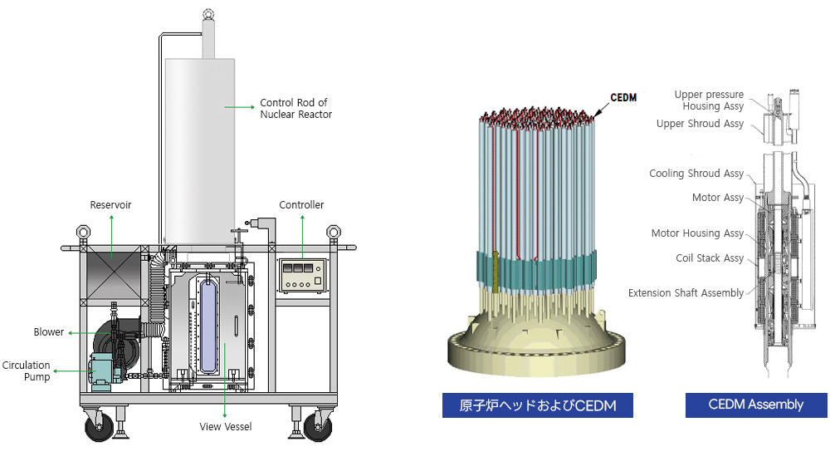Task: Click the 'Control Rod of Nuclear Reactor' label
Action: coord(295,108)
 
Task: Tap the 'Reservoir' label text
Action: coord(110,204)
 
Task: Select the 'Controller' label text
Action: coord(301,204)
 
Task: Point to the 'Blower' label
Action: coord(49,332)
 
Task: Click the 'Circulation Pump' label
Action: coord(27,371)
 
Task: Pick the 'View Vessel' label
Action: coord(226,427)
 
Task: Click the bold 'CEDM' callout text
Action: coord(622,97)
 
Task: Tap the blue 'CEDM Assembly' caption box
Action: coord(755,405)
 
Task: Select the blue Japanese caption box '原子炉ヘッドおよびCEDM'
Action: coord(537,405)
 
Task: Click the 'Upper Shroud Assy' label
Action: coord(700,124)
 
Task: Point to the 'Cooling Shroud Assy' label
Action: coord(696,174)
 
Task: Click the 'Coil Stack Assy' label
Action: coord(710,258)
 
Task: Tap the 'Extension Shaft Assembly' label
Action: coord(686,292)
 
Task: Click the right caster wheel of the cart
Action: coord(319,427)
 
